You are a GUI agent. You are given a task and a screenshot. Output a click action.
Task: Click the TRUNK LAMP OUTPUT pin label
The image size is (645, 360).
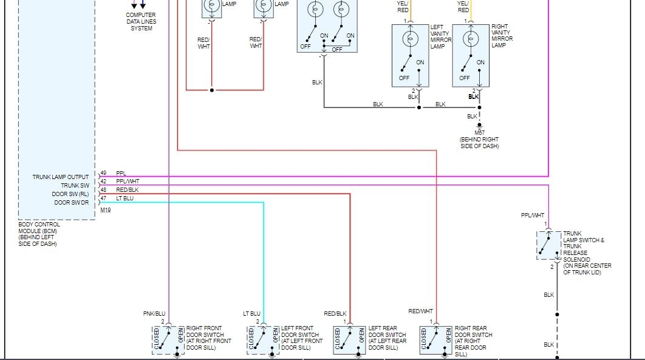(61, 177)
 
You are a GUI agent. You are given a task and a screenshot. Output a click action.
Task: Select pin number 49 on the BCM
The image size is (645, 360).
(103, 174)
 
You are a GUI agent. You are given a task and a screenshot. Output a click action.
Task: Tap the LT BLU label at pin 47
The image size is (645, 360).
(125, 199)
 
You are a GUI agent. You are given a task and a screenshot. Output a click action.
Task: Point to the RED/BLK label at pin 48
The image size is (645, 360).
(127, 190)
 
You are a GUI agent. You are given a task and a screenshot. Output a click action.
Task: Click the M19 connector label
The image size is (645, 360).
(106, 210)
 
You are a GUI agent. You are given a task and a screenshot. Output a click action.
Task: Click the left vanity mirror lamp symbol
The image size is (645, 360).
(410, 39)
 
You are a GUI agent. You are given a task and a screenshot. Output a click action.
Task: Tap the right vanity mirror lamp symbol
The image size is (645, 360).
(470, 39)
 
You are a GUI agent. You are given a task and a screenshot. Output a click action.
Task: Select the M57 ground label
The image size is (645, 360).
(479, 132)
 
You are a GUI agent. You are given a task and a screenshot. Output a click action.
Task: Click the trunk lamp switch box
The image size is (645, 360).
(548, 245)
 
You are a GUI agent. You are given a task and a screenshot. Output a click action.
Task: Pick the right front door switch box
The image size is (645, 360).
(168, 340)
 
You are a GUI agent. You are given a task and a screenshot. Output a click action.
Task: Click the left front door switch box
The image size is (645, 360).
(264, 340)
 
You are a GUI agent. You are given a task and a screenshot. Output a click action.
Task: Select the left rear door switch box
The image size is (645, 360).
(350, 340)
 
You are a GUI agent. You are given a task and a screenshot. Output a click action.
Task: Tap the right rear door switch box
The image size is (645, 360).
(436, 340)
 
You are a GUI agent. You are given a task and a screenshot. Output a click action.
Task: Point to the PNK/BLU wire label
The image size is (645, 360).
(154, 314)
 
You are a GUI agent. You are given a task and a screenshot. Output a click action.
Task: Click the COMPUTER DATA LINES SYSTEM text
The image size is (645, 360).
(141, 22)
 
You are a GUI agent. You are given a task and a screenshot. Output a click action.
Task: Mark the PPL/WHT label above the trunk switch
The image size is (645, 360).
(533, 216)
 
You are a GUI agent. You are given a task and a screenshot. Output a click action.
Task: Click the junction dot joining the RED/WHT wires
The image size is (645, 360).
(212, 90)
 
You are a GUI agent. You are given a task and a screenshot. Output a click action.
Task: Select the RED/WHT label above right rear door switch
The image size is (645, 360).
(420, 311)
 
